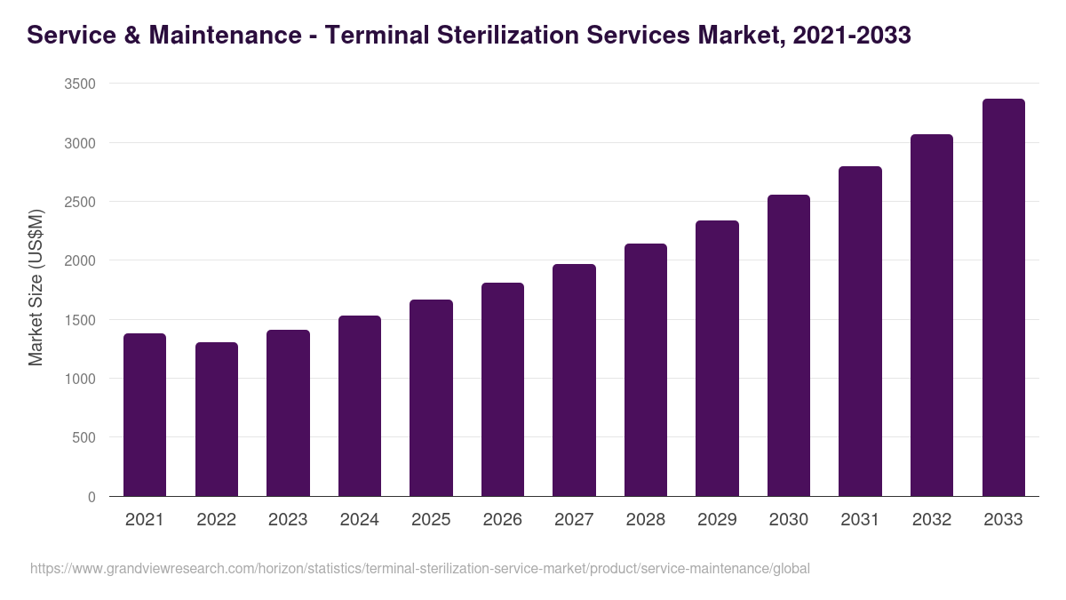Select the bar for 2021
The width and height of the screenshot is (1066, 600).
pyautogui.click(x=145, y=415)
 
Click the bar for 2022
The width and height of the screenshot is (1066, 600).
pyautogui.click(x=217, y=420)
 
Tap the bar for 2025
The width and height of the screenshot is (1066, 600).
pyautogui.click(x=431, y=398)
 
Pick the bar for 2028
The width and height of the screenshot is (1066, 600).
pyautogui.click(x=646, y=370)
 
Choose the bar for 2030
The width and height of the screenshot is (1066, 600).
pyautogui.click(x=789, y=346)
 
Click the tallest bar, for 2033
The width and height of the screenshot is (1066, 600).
pyautogui.click(x=1003, y=298)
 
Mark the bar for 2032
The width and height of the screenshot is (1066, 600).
pyautogui.click(x=932, y=316)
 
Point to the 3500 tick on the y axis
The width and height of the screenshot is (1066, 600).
pyautogui.click(x=80, y=84)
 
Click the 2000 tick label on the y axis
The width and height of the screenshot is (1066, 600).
pyautogui.click(x=80, y=260)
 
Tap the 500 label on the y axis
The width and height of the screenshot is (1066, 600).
pyautogui.click(x=84, y=437)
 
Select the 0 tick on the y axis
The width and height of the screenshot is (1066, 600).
pyautogui.click(x=91, y=497)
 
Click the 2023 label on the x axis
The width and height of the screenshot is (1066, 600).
pyautogui.click(x=288, y=520)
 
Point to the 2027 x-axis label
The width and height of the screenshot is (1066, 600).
pyautogui.click(x=574, y=520)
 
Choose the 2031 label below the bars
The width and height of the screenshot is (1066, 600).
pyautogui.click(x=860, y=520)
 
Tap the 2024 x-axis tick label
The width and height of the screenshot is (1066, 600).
pyautogui.click(x=359, y=520)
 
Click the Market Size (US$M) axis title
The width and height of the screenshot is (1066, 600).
pyautogui.click(x=36, y=289)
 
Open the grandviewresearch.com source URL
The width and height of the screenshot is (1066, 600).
pyautogui.click(x=420, y=568)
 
